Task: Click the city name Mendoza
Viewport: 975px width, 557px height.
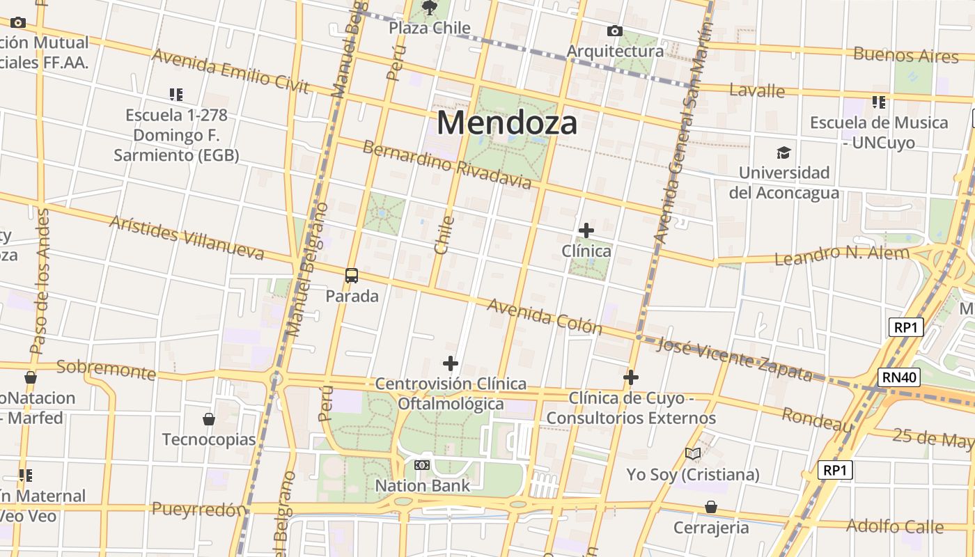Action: coord(507,123)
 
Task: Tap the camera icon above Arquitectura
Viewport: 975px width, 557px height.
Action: coord(614,31)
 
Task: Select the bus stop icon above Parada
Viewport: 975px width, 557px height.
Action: coord(352,276)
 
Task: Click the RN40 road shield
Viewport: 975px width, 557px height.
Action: coord(899,377)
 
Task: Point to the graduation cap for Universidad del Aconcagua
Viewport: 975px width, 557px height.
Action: coord(784,152)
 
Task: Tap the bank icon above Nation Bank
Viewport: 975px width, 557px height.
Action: coord(422,465)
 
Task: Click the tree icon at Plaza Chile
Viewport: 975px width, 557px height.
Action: coord(430,8)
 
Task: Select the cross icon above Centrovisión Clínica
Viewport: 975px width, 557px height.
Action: coord(451,363)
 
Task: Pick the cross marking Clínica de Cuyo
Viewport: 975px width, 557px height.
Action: coord(631,377)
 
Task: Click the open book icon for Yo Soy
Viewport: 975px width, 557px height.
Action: coord(692,454)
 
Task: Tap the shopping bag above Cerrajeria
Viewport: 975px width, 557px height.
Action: coord(711,507)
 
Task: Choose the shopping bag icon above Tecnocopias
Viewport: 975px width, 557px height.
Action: coord(208,419)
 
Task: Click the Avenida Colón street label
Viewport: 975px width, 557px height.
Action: coord(544,316)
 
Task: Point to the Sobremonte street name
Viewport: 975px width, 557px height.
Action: coord(106,370)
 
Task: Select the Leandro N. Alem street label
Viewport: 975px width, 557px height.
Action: coord(842,255)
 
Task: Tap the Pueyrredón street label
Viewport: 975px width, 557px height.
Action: coord(199,509)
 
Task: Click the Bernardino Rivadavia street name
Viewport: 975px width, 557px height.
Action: coord(446,165)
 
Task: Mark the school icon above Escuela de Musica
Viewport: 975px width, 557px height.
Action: coord(879,102)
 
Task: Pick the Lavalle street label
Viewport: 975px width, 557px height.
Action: coord(757,91)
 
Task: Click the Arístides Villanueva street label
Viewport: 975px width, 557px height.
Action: coord(187,237)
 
